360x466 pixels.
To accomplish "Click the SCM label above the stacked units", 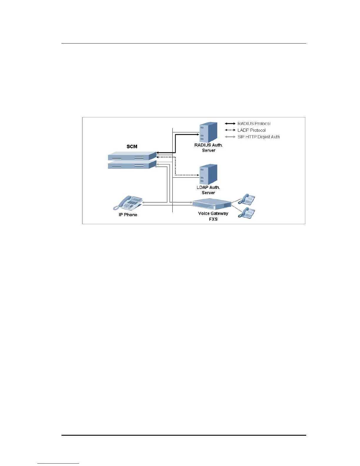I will [x=132, y=147].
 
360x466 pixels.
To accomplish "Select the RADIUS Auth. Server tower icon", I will [x=208, y=132].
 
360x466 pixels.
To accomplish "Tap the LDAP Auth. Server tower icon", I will [x=208, y=174].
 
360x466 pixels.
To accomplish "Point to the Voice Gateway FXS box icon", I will [x=212, y=204].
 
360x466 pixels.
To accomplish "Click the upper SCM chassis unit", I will [x=132, y=156].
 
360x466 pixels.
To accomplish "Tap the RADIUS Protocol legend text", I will [x=254, y=124].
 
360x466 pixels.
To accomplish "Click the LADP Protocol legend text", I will [x=251, y=130].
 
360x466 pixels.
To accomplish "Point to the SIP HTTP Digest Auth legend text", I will [x=259, y=137].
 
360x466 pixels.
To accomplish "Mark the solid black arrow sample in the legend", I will [x=230, y=124].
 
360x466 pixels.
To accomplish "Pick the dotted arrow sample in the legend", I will [x=230, y=130].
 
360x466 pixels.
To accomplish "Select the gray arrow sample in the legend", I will [x=230, y=137].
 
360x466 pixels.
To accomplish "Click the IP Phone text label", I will [x=128, y=215].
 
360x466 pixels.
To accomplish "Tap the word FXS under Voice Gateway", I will [x=213, y=219].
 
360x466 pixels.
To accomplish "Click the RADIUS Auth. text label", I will [x=209, y=145].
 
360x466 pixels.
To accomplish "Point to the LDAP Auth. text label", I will [x=208, y=187].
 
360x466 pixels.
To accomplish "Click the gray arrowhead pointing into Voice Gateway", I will [x=191, y=202].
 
